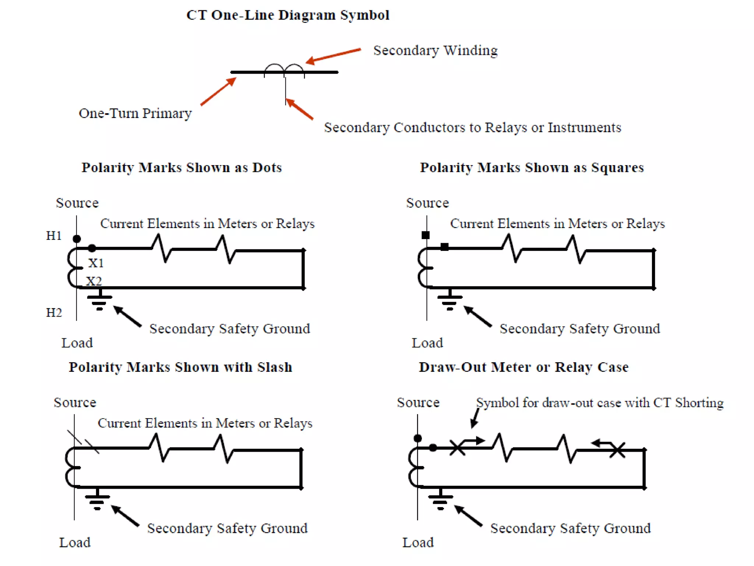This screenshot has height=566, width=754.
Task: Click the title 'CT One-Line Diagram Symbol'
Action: (x=288, y=15)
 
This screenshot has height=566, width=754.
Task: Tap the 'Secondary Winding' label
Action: (x=435, y=50)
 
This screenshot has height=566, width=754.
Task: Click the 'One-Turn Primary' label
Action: (x=135, y=113)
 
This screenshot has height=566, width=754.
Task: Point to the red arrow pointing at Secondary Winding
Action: (x=333, y=56)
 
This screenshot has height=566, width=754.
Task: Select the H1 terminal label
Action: (x=54, y=236)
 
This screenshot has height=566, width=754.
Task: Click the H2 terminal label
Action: (x=54, y=313)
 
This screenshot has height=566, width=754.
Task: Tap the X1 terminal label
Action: (x=96, y=263)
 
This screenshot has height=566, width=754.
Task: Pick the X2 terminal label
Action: (x=94, y=282)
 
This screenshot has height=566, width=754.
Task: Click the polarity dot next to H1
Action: (x=77, y=239)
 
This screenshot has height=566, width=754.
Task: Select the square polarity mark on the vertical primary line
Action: (x=426, y=235)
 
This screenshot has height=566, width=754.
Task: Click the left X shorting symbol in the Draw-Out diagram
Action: (x=457, y=448)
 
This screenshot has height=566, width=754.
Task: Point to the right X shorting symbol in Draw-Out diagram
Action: (x=617, y=450)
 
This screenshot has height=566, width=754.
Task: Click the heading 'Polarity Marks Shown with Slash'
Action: (x=180, y=367)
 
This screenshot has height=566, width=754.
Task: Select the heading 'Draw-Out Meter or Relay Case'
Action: (x=524, y=367)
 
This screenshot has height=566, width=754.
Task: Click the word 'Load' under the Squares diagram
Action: (x=427, y=343)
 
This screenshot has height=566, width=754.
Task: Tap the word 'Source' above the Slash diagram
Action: (x=75, y=402)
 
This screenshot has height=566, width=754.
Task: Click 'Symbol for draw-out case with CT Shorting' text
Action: (x=600, y=403)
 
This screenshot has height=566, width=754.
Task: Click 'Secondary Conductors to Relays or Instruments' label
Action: (x=472, y=127)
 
